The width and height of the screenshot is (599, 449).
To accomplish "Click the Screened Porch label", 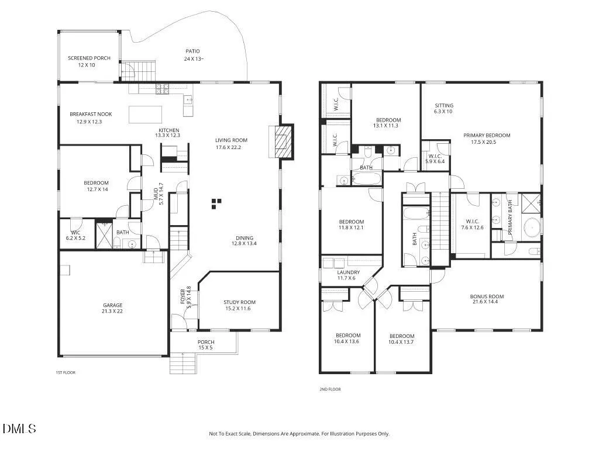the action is pos(89,58).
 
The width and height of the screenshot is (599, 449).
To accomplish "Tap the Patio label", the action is pos(192,51).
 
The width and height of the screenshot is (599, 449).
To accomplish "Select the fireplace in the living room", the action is pos(281,141).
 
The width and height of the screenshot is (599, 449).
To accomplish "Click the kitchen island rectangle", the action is pos(145,115).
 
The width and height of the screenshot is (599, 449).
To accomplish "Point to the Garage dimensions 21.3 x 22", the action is pos(112,311).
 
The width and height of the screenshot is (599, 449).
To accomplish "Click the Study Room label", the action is pos(239,302).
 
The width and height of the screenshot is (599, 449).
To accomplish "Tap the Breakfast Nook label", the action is pos(91,114).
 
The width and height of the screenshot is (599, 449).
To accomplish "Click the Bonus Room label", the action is pos(487,296).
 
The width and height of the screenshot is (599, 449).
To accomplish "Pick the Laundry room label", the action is pos(349,272).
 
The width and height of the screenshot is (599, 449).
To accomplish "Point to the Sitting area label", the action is pos(444,105).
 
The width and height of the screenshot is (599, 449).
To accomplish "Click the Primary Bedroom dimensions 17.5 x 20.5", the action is pos(483,142).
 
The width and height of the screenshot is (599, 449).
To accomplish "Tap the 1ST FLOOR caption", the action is pos(66,372).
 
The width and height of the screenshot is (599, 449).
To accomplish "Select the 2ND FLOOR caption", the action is pos(330,389).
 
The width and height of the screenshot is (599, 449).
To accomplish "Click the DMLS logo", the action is pos(19,429).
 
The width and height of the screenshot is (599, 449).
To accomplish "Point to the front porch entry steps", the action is pos(183,364).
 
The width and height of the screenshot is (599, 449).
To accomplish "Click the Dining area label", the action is pos(245,238).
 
